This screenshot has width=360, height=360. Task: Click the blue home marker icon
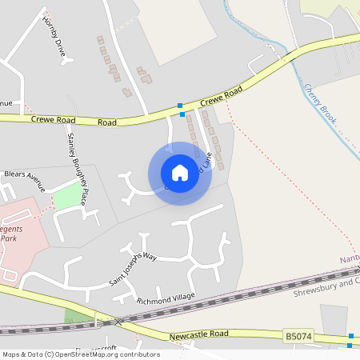[x=180, y=173]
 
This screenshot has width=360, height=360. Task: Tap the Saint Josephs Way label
[x=133, y=268]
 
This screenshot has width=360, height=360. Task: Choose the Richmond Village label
[x=166, y=298]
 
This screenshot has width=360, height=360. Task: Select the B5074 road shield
[x=296, y=338]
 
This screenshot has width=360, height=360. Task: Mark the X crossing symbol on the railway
[x=118, y=321]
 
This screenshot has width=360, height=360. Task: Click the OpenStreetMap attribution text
[x=80, y=354]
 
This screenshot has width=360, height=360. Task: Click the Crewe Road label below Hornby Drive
[x=74, y=120]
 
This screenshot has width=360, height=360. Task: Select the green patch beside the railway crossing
[x=78, y=315]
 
